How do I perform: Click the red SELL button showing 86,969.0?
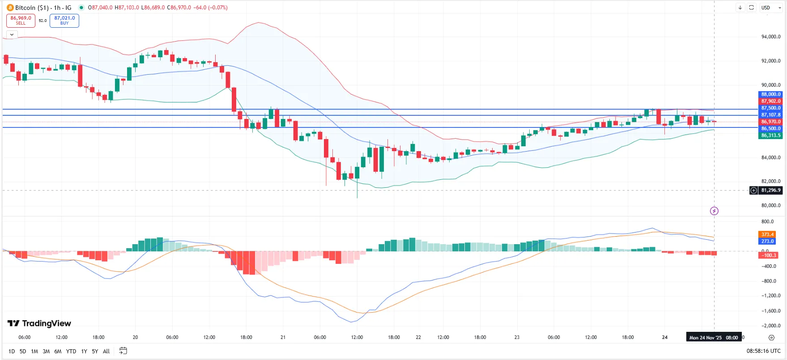click(21, 21)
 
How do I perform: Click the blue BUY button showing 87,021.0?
click(64, 21)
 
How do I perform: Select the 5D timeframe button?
click(23, 352)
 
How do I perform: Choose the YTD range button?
click(71, 352)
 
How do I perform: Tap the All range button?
click(106, 352)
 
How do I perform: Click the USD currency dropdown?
click(771, 8)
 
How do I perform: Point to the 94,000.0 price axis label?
click(770, 37)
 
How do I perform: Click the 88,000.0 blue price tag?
click(770, 94)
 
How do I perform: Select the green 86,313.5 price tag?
click(770, 136)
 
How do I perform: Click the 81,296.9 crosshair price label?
click(770, 191)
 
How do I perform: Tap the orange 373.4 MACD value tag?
click(767, 234)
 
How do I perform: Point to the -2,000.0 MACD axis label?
click(770, 326)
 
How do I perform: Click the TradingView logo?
click(39, 323)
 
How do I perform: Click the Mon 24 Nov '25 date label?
click(705, 338)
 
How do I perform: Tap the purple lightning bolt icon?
click(714, 211)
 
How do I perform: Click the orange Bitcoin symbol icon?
click(10, 8)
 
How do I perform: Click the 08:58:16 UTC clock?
click(763, 351)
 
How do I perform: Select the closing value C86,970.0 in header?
click(179, 8)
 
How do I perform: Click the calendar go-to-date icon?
click(123, 351)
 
